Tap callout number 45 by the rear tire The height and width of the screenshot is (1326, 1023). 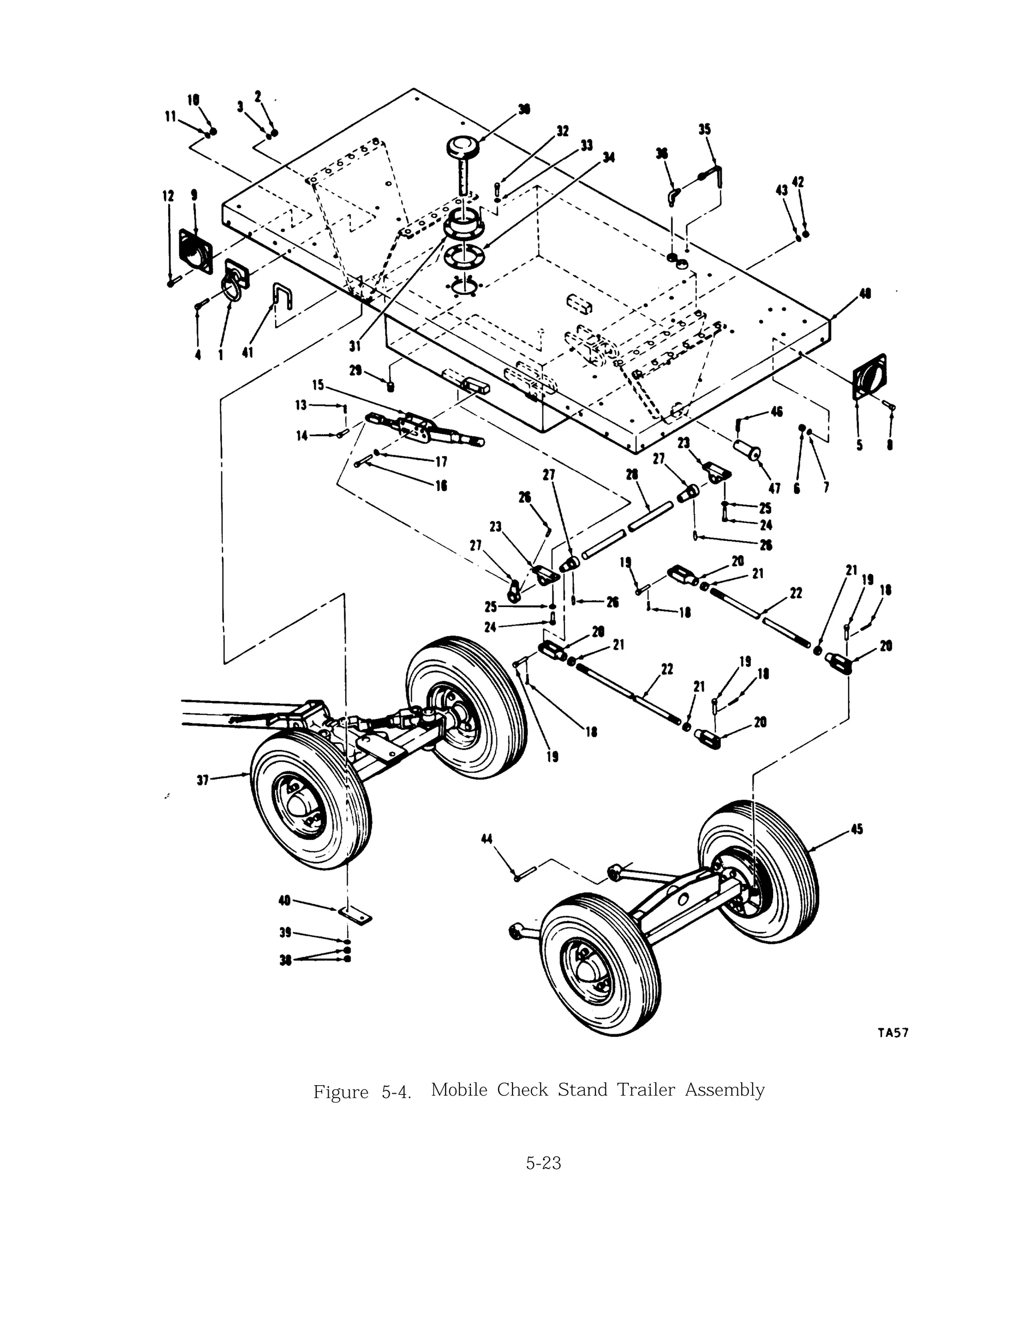[x=857, y=829]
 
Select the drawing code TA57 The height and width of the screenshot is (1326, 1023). [x=893, y=1032]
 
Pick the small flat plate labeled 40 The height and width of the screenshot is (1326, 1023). [x=355, y=914]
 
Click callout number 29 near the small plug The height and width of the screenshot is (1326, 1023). [x=356, y=370]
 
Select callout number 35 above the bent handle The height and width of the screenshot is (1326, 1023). [x=704, y=129]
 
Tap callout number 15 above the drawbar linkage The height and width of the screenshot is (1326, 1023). [x=318, y=385]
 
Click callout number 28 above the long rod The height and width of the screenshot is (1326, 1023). [x=631, y=474]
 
